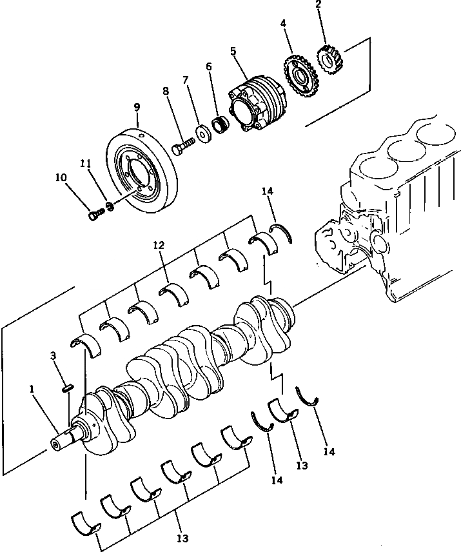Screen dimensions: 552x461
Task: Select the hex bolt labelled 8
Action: tap(183, 145)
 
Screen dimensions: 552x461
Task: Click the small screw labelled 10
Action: tap(95, 214)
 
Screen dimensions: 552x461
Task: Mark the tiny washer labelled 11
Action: tap(110, 207)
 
